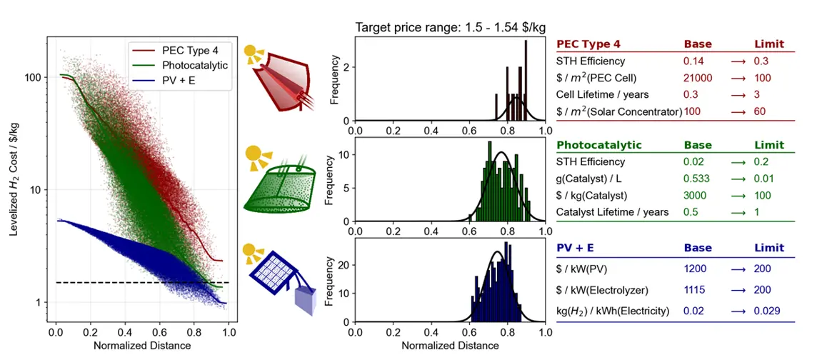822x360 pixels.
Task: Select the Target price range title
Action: (x=450, y=28)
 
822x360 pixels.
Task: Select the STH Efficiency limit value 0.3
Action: (x=762, y=61)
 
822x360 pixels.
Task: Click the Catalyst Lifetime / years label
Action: (x=613, y=211)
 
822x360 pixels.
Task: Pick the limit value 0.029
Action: (x=766, y=311)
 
